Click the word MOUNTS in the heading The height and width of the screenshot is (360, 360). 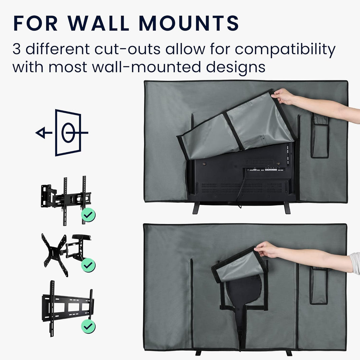click(x=189, y=23)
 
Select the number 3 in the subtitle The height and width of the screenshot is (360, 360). click(x=17, y=49)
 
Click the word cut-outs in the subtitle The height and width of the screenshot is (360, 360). click(x=127, y=49)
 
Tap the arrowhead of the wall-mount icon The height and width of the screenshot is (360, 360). click(x=41, y=133)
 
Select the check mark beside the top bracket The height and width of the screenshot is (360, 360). click(x=88, y=215)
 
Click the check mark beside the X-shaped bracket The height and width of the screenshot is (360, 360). click(x=88, y=265)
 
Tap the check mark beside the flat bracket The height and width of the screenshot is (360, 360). click(x=88, y=326)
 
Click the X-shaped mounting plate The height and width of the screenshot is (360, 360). click(x=55, y=254)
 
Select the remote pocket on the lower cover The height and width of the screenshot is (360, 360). click(x=318, y=285)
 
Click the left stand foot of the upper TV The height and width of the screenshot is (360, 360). click(x=196, y=208)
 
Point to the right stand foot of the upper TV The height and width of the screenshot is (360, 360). click(x=287, y=208)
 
